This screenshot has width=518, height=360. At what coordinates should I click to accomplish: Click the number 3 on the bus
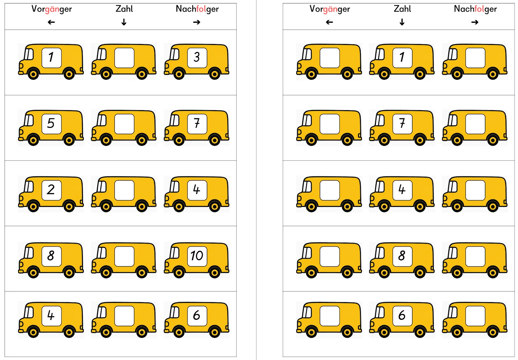point(197,57)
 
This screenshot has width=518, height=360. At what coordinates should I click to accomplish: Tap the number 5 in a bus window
point(51,123)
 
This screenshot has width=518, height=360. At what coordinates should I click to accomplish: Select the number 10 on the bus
point(197,256)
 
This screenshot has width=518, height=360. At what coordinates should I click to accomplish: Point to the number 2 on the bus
point(51,189)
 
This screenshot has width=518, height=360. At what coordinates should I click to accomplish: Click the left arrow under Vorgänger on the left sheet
point(51,22)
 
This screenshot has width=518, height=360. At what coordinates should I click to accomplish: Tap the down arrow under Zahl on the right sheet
point(402,22)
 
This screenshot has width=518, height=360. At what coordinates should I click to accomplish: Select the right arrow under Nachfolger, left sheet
point(197,22)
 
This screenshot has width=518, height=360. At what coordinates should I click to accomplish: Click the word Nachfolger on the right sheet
point(475,9)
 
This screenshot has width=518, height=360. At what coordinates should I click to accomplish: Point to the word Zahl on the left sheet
point(124,9)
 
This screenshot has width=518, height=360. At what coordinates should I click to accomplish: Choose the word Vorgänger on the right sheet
point(330,9)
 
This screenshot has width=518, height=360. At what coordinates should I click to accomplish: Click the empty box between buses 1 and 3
point(124,58)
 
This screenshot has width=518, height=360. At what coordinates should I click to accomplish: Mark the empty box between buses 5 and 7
point(124,124)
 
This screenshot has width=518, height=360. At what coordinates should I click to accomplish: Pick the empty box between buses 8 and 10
point(124,256)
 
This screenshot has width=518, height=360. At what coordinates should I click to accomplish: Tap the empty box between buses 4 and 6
point(124,316)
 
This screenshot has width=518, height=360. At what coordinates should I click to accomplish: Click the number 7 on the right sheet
point(402,123)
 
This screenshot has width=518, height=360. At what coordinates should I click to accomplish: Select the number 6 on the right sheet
point(402,315)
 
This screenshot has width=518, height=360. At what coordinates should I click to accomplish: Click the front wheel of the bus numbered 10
point(179,273)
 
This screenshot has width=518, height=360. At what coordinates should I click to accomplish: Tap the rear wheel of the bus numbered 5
point(69,140)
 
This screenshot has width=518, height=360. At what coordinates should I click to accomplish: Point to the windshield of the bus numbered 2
point(29,187)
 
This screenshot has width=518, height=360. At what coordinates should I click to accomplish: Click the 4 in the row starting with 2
point(197,190)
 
